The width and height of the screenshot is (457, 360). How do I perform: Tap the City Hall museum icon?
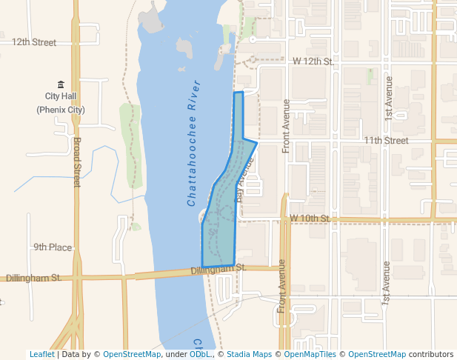click(x=61, y=84)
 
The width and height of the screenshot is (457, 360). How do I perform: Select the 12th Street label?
click(x=34, y=42)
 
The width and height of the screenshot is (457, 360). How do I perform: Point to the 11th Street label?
click(x=385, y=140)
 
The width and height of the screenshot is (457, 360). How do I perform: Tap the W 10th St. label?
click(x=310, y=218)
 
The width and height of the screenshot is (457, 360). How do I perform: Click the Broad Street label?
click(x=76, y=161)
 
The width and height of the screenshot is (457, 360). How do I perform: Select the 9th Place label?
click(x=52, y=247)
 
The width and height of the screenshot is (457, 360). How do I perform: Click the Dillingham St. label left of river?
click(x=33, y=278)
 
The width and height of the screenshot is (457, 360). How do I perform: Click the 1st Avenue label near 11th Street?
click(x=387, y=99)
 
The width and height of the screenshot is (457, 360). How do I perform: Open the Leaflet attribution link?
click(x=41, y=354)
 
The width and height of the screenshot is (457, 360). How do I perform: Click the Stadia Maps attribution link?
click(x=249, y=354)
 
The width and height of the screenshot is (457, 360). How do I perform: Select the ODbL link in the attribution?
click(x=199, y=354)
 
